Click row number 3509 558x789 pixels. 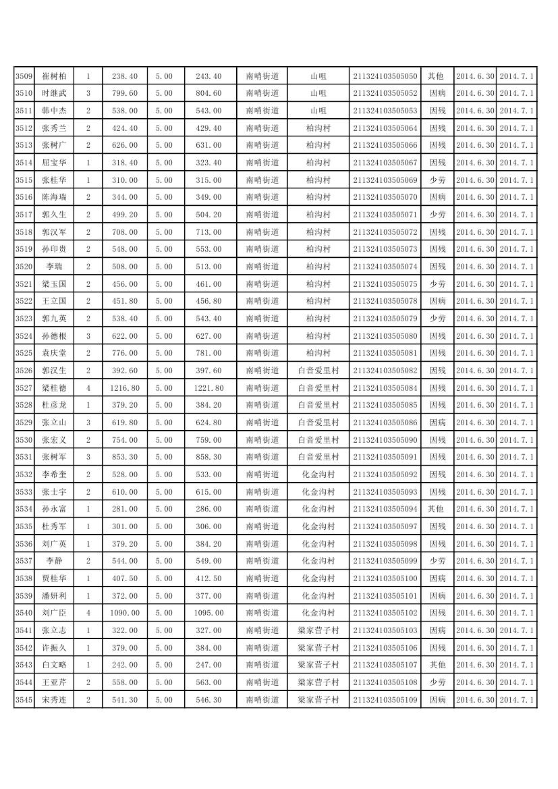point(24,76)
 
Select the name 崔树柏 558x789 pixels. point(54,76)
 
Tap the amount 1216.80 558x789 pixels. point(125,388)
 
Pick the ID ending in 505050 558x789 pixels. point(385,76)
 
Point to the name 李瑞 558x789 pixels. point(54,267)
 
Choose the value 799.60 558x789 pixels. point(125,93)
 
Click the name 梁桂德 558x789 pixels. point(54,388)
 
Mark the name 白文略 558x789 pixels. point(54,665)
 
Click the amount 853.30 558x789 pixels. point(125,457)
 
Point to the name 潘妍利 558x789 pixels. point(54,596)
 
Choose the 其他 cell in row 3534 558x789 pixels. point(436,509)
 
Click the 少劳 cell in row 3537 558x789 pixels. point(438,561)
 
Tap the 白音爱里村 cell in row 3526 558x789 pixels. point(318,371)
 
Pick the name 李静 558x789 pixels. point(54,561)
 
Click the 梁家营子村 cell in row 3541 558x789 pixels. point(318,630)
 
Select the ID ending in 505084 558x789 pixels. point(385,388)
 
